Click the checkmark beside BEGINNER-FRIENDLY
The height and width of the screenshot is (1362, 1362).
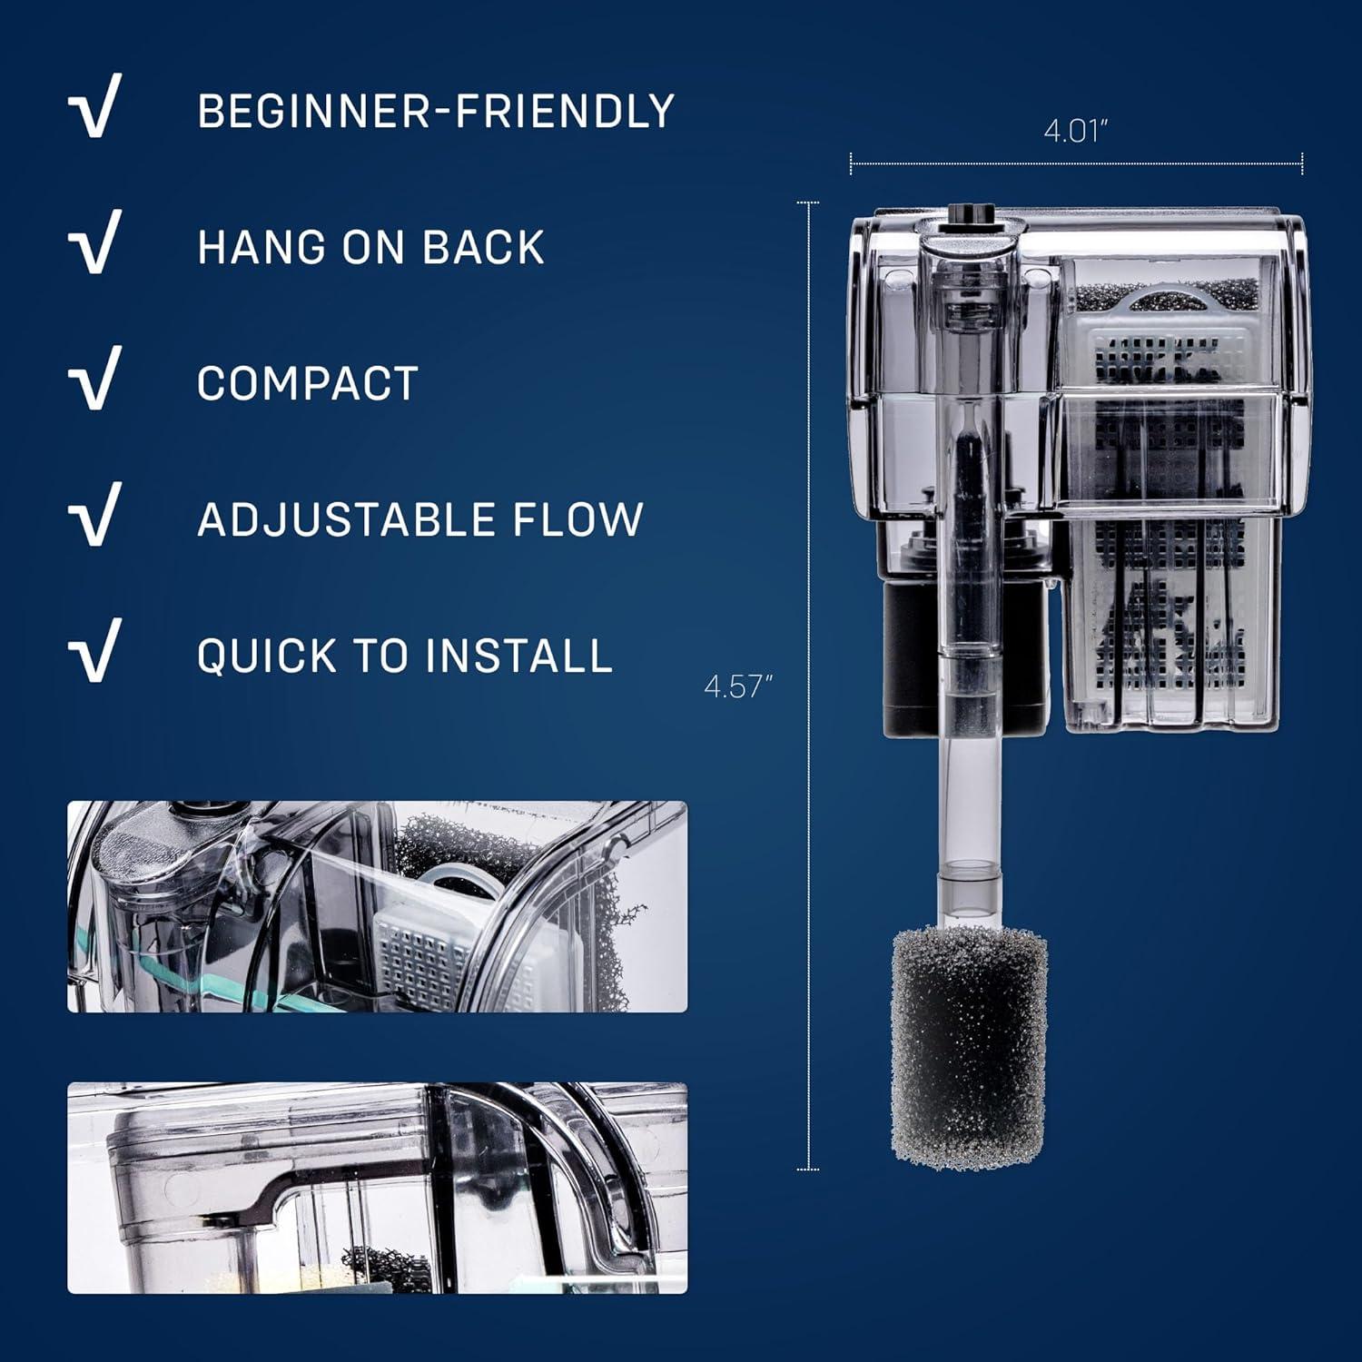[x=94, y=107]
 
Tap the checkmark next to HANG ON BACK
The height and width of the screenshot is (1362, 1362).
[x=94, y=242]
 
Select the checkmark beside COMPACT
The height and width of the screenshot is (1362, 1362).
[x=94, y=379]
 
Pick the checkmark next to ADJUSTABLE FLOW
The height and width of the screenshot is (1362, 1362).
[x=94, y=515]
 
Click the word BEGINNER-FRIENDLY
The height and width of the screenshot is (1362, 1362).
[x=436, y=112]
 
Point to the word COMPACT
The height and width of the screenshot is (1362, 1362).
[x=307, y=384]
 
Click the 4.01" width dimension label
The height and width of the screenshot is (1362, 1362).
[x=1076, y=132]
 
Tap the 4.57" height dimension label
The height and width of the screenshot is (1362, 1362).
[x=737, y=686]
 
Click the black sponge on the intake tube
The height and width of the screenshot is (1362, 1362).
[x=969, y=1048]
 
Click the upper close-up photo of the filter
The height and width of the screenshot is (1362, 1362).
[x=377, y=906]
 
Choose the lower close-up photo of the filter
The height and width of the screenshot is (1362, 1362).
[x=377, y=1188]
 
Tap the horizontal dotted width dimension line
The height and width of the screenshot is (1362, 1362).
[x=1076, y=164]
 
